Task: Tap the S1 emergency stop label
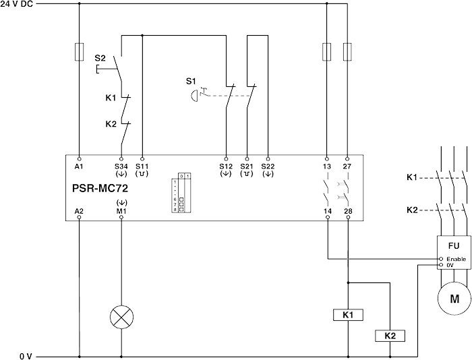[191, 81]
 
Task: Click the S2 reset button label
[100, 59]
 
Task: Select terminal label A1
[79, 166]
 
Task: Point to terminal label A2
[79, 211]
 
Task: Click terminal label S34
[121, 166]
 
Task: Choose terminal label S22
[268, 166]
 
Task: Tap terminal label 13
[328, 166]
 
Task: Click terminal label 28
[348, 211]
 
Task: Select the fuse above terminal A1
[79, 50]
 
